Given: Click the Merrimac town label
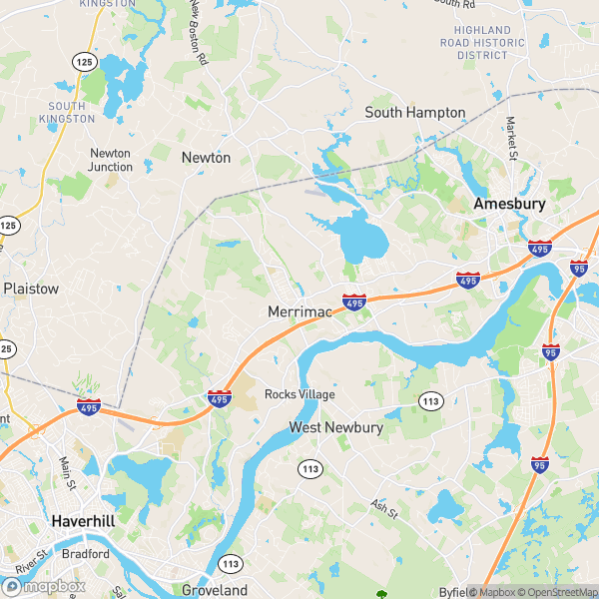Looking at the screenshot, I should [x=299, y=312].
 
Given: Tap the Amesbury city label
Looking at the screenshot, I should [x=509, y=204].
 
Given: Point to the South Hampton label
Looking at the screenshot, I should [x=414, y=113].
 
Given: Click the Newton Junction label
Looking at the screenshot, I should [x=110, y=160].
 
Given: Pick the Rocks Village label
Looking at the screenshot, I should [x=299, y=394].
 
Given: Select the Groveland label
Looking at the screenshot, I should [x=214, y=590].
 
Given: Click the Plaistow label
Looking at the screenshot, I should [x=31, y=288].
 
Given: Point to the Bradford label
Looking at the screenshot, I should [x=85, y=553].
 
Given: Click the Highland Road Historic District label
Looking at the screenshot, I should [x=483, y=43].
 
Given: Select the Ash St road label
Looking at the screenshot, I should [x=384, y=510].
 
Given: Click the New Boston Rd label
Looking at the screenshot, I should [x=197, y=33].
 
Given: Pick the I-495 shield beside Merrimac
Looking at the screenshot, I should [x=353, y=299].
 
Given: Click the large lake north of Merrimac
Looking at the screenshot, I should [x=360, y=241].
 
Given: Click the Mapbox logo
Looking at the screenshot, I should [x=44, y=586].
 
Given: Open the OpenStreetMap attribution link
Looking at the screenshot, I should [x=552, y=592].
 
